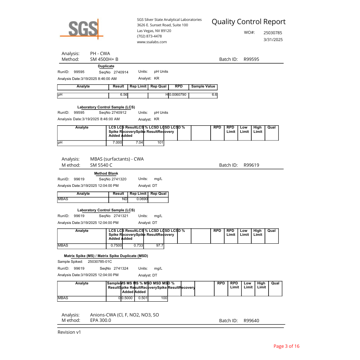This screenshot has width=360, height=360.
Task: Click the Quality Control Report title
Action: pos(248,22)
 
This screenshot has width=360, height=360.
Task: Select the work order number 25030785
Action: pos(273,33)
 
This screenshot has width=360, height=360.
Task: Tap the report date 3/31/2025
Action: pos(273,40)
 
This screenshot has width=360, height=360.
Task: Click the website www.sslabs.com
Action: pos(152,42)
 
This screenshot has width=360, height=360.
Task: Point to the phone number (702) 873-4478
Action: pos(149,36)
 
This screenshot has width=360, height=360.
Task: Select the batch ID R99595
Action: pos(251,59)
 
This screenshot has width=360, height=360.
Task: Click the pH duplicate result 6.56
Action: pos(123,94)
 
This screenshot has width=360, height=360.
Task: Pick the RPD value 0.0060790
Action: pos(178,94)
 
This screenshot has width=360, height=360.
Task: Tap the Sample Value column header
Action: pos(203,86)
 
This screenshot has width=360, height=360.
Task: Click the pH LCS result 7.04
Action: pos(139,143)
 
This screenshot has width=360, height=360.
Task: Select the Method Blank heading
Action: pos(106,174)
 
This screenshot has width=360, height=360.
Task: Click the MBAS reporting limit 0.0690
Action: pos(142,199)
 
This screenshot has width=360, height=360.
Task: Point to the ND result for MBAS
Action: pos(125,199)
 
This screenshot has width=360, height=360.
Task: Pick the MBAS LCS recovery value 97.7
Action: pos(159,246)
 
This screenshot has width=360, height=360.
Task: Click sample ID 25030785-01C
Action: pos(100,262)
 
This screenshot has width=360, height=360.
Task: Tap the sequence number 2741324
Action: pos(121,269)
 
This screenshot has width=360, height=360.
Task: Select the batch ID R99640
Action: pos(251,320)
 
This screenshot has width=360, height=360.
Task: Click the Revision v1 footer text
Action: pos(69,332)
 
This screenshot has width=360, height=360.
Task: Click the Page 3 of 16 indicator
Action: pos(286,346)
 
